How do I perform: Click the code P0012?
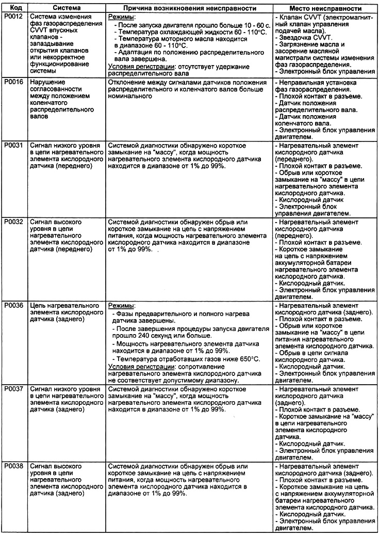pyautogui.click(x=12, y=18)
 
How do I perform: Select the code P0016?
pyautogui.click(x=12, y=83)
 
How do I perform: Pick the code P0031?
pyautogui.click(x=12, y=146)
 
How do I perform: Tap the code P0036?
pyautogui.click(x=12, y=305)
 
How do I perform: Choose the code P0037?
pyautogui.click(x=12, y=389)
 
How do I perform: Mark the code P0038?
pyautogui.click(x=12, y=466)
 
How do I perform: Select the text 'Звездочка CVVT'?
pyautogui.click(x=307, y=38)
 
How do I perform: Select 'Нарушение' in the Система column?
pyautogui.click(x=46, y=83)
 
